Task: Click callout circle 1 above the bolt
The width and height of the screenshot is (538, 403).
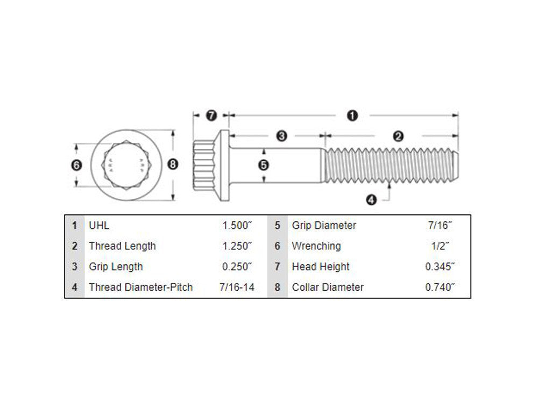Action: click(x=352, y=115)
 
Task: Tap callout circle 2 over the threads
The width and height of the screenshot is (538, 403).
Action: click(x=398, y=136)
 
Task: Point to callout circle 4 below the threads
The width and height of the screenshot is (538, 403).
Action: click(x=371, y=200)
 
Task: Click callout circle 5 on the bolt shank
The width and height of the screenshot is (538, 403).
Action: click(x=264, y=165)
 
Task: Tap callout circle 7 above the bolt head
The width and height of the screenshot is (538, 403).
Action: click(x=211, y=115)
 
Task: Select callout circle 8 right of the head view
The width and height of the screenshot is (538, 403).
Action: click(x=172, y=165)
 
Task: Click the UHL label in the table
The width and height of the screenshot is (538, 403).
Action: click(x=99, y=226)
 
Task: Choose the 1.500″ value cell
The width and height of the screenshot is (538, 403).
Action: click(x=237, y=226)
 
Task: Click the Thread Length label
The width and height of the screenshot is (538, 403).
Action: click(x=122, y=246)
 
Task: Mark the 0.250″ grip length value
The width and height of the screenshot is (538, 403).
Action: click(x=237, y=267)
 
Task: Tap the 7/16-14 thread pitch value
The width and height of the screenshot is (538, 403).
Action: click(x=237, y=287)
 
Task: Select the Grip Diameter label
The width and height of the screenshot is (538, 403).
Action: click(x=324, y=226)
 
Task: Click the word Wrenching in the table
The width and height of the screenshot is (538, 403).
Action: click(x=316, y=246)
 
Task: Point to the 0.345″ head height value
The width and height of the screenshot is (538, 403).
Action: click(x=440, y=267)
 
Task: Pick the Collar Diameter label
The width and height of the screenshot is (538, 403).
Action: click(x=328, y=287)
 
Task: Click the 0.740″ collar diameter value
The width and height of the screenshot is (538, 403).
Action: click(x=440, y=287)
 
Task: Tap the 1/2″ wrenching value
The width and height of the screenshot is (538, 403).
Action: click(x=440, y=246)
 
